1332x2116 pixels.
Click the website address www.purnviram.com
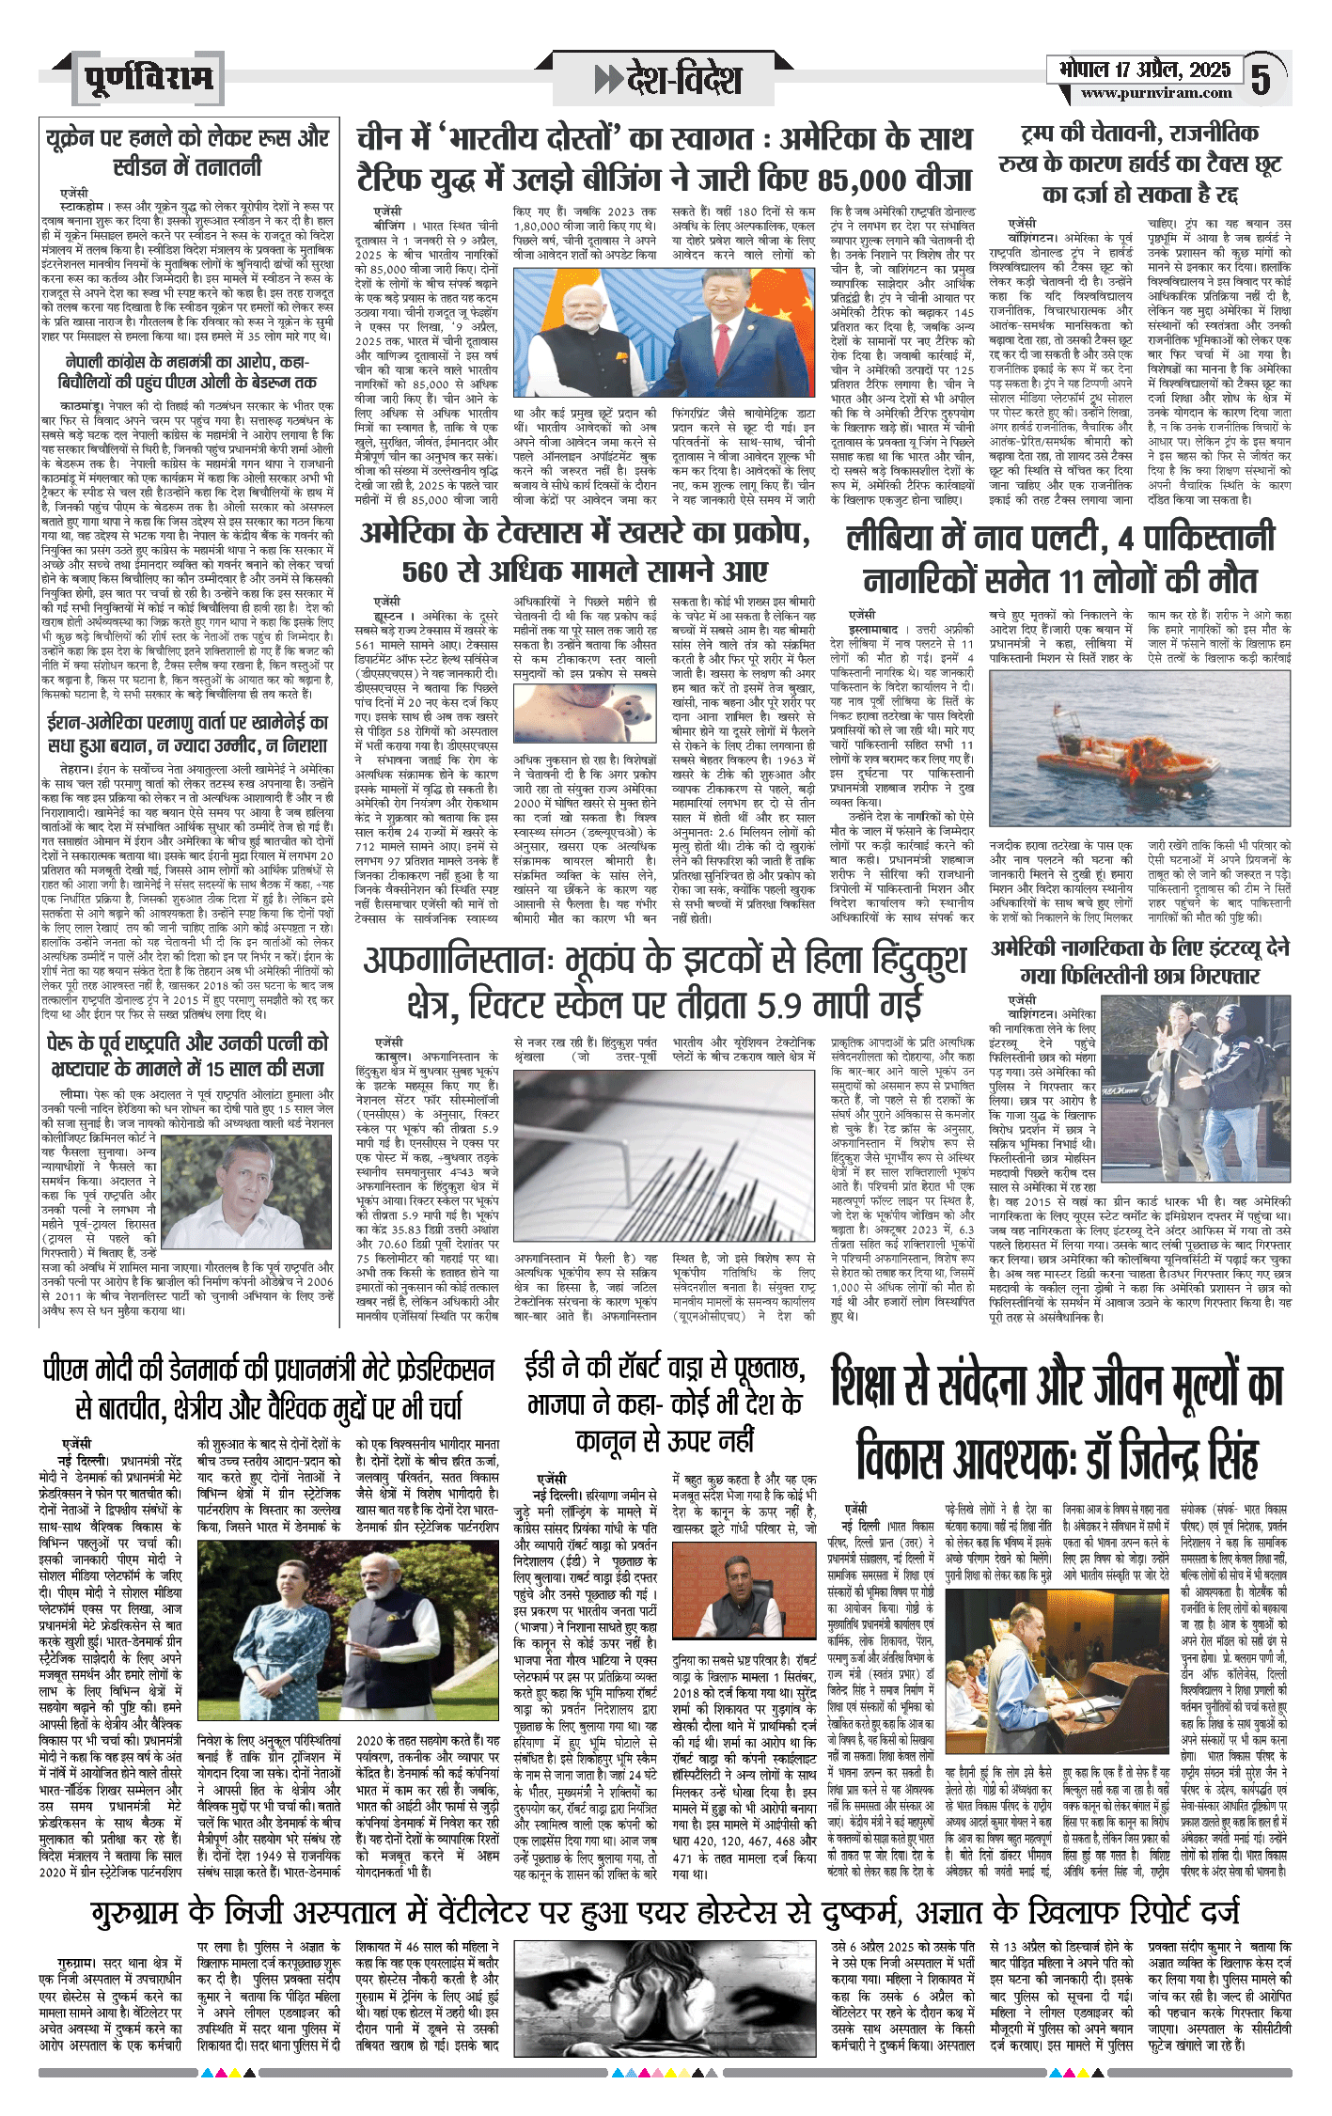(x=1155, y=93)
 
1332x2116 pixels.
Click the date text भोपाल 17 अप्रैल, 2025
(x=1144, y=70)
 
